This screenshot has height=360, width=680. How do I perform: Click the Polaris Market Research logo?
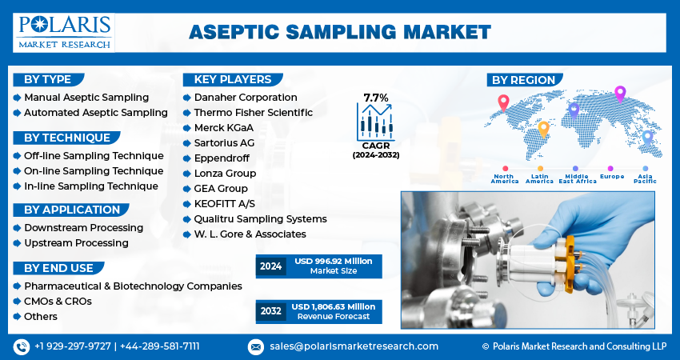tap(64, 33)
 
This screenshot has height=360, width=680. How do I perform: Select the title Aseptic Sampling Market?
tap(339, 32)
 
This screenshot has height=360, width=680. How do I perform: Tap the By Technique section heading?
tap(66, 138)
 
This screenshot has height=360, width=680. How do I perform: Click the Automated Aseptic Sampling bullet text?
tap(96, 113)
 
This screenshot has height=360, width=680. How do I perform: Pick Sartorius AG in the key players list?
tap(224, 143)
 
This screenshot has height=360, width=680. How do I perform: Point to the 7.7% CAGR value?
tap(376, 98)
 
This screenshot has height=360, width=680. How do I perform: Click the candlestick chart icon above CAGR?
tap(375, 122)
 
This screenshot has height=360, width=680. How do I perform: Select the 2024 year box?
tap(271, 266)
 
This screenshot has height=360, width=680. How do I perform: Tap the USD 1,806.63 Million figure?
tap(334, 306)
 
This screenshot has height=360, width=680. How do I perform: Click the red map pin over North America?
tap(503, 102)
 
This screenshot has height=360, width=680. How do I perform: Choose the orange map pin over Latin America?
tap(543, 130)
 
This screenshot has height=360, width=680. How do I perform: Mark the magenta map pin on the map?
tap(620, 94)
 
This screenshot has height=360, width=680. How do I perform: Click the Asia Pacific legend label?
tap(645, 178)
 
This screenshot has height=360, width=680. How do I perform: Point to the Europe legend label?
tap(612, 177)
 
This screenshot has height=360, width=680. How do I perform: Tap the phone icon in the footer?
tap(22, 347)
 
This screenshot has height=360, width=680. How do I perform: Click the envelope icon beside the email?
tap(256, 347)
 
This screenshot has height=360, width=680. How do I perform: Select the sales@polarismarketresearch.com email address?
tap(354, 346)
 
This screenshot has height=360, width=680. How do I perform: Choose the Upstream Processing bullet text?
tap(76, 243)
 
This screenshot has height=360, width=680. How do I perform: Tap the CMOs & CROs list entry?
tap(58, 302)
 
